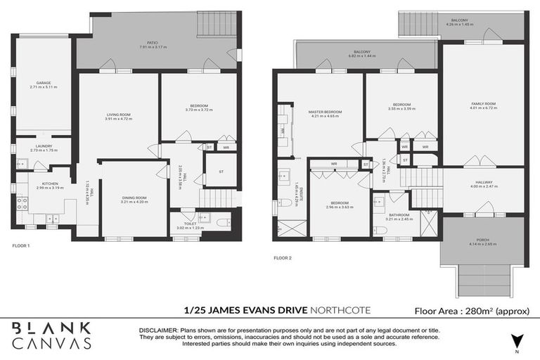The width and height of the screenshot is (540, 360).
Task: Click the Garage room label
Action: coord(44,83)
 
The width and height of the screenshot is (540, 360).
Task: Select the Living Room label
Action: coord(119,115)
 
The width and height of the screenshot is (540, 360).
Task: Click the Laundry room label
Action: coord(43,146)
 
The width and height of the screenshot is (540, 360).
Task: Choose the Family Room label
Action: coord(484,104)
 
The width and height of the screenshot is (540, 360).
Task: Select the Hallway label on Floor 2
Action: coord(483,182)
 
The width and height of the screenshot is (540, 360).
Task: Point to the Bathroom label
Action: coord(399,214)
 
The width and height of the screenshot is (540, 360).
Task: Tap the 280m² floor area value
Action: coord(480,310)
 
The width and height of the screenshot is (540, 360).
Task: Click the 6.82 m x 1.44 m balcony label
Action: coord(362,53)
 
